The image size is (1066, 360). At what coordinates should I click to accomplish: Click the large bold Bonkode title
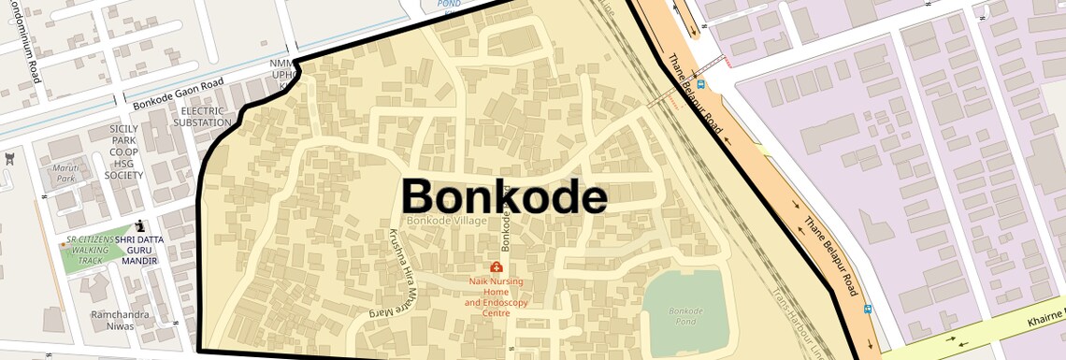pos(504,197)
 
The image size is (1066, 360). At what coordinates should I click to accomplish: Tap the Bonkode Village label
pos(447,221)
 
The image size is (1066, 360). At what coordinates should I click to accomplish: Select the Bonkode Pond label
pos(686,315)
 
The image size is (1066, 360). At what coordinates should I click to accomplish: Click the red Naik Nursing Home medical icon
pos(496,267)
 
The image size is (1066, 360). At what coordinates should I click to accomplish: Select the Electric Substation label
pos(201,117)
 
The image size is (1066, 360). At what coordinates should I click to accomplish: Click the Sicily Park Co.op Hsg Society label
pos(123,151)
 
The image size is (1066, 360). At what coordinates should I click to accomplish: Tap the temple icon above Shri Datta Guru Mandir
pos(140,225)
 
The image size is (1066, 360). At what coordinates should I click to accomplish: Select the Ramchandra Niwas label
pos(120,321)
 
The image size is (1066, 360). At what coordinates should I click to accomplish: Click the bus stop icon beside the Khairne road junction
pos(868,309)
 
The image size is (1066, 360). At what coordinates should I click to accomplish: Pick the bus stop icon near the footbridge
pos(701,83)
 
